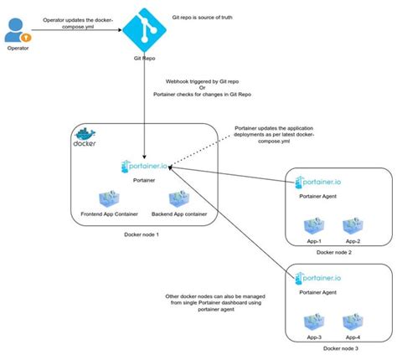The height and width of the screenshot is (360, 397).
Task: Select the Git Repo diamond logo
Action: [146, 30]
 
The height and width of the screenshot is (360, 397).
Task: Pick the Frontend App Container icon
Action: [110, 200]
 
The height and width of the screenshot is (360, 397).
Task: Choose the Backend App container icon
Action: [178, 200]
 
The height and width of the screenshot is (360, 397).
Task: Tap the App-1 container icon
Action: [313, 225]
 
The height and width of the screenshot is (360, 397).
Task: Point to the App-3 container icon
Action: [313, 321]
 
